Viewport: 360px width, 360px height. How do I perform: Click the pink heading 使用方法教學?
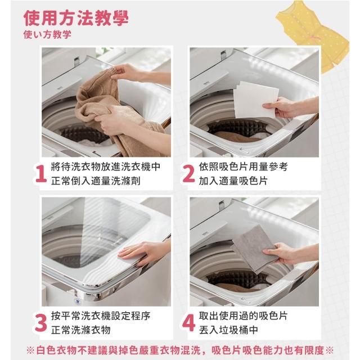pos(76,18)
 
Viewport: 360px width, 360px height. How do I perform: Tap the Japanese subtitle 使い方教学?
pos(47,35)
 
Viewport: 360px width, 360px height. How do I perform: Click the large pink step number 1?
pos(41,174)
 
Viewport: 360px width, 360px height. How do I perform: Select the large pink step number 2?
pos(188,174)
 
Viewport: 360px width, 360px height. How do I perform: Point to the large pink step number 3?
pos(41,323)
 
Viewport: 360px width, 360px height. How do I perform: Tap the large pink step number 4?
pos(189,323)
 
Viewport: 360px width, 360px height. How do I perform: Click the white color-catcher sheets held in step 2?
pos(255,99)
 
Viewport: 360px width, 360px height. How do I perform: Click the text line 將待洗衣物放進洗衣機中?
pos(105,167)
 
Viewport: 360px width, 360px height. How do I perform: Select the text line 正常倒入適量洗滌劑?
pos(96,181)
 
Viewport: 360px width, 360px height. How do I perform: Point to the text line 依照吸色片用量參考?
pos(243,167)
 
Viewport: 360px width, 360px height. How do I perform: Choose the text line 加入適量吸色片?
pos(233,181)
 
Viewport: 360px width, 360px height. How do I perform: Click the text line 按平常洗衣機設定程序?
pos(101,316)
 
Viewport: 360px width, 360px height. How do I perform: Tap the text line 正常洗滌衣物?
pos(81,330)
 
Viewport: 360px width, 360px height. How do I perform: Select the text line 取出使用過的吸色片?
pos(243,316)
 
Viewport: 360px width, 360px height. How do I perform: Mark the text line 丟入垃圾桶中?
pos(228,330)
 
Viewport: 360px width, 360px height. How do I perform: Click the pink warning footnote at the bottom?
pos(180,350)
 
